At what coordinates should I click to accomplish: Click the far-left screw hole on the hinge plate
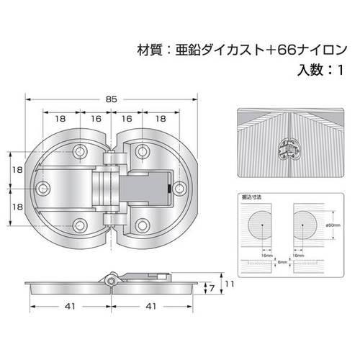[45, 188]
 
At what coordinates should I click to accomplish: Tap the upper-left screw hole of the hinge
[81, 152]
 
